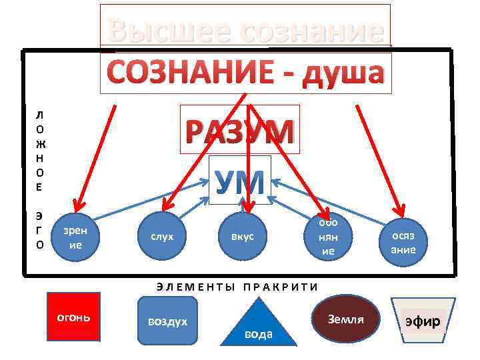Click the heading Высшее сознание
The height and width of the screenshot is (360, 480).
245,29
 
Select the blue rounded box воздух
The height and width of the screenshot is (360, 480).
167,322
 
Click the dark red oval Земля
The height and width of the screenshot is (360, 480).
346,319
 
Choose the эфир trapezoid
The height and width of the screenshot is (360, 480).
423,322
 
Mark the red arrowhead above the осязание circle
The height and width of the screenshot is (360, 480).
399,206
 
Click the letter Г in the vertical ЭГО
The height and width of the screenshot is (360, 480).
40,230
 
